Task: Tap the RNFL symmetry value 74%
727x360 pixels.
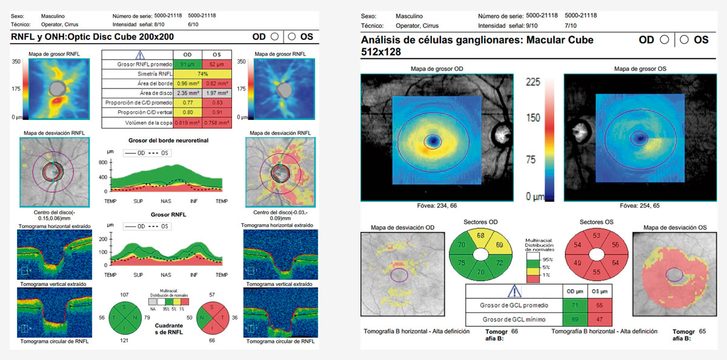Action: pyautogui.click(x=201, y=73)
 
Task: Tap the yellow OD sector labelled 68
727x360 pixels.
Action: pyautogui.click(x=480, y=235)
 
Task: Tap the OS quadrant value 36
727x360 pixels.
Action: pyautogui.click(x=234, y=316)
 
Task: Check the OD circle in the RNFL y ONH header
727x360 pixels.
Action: pyautogui.click(x=274, y=36)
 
